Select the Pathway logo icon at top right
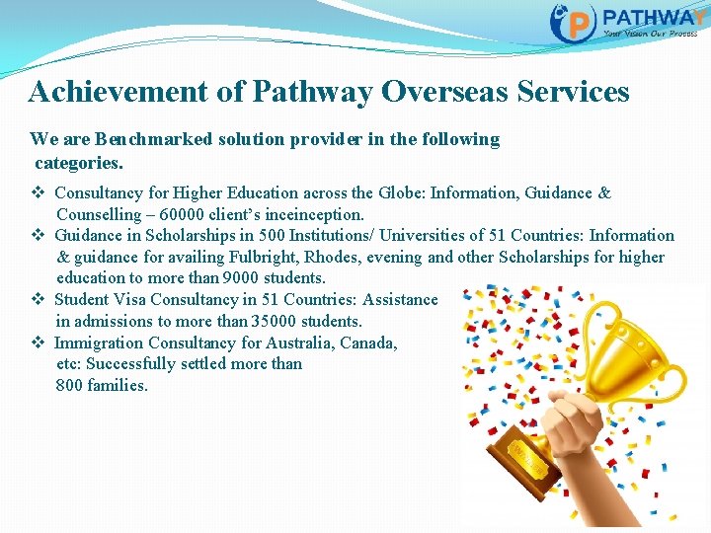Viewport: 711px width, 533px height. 574,22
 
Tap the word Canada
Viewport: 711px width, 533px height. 368,343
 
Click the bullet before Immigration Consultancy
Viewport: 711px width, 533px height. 37,343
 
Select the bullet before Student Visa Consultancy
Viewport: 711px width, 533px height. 37,299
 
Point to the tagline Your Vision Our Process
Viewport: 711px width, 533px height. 650,34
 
